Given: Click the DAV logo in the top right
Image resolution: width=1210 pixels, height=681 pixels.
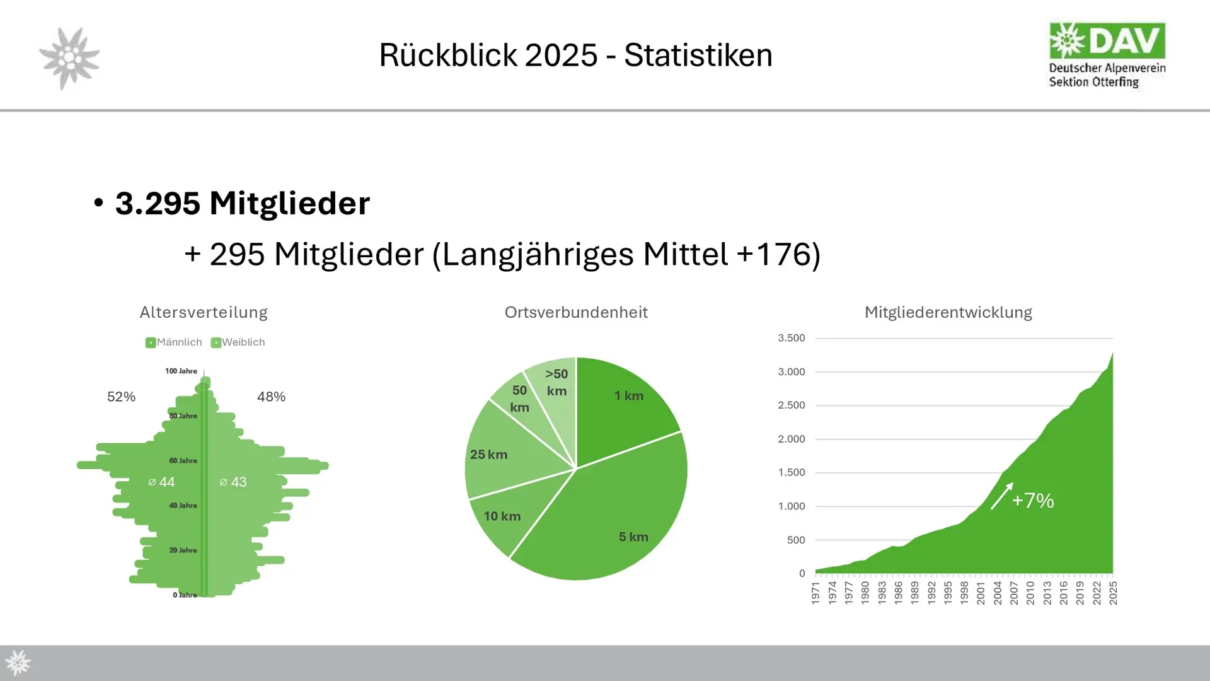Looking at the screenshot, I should (x=1107, y=55).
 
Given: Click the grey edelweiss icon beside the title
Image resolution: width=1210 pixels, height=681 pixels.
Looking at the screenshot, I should (x=69, y=58).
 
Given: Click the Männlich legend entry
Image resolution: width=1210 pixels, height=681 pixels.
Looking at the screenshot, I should (x=174, y=342).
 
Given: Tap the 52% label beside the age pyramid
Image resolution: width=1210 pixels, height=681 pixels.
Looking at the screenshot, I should (x=121, y=397).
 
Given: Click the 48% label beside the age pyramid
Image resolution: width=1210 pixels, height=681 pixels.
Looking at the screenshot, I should (x=271, y=397).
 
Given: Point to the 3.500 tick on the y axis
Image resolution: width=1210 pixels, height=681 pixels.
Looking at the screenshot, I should (x=791, y=338).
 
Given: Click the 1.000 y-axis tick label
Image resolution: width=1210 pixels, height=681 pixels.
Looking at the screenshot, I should (x=791, y=506).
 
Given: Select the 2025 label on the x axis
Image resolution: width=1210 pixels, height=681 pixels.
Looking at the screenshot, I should (x=1114, y=593).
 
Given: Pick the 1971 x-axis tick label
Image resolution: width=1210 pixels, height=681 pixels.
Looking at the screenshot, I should (x=815, y=593).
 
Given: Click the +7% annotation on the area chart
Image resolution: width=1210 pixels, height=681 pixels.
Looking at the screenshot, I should (x=1032, y=501).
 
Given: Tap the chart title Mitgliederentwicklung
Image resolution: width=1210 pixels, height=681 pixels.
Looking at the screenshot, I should (x=948, y=312).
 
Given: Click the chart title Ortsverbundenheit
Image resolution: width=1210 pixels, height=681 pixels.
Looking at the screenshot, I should (x=576, y=312).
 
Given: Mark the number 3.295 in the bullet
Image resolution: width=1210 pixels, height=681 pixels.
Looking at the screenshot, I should (x=158, y=204).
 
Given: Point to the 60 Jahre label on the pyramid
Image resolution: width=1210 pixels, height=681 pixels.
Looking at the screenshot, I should (x=183, y=461).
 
